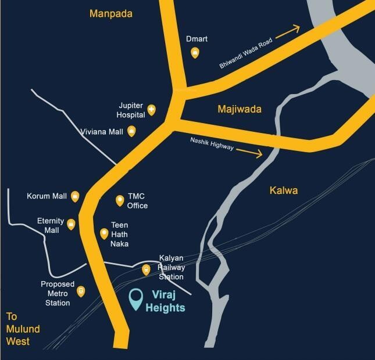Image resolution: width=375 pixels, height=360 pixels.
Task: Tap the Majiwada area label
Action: (240, 109)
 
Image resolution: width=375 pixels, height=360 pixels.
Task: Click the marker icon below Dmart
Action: (195, 53)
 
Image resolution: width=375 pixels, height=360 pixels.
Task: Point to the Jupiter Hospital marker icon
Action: (151, 109)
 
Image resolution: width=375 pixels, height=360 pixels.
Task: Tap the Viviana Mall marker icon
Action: (131, 131)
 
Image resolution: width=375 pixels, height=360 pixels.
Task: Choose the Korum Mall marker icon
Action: (75, 196)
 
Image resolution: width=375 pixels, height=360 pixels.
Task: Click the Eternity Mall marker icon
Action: (71, 224)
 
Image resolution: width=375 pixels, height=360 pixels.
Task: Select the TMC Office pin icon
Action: (120, 201)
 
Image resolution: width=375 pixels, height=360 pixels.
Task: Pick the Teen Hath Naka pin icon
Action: (105, 233)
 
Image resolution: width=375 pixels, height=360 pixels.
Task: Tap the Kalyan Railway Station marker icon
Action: (146, 269)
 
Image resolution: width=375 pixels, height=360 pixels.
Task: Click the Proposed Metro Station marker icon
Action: (81, 291)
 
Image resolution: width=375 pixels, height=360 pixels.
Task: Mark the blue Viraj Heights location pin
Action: (137, 299)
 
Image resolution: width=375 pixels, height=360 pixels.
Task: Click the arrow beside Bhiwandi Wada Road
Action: (287, 31)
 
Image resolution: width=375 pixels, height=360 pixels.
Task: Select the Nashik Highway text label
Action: (212, 144)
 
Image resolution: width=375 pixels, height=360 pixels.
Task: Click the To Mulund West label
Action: (23, 329)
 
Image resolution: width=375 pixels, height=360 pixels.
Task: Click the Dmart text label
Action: (198, 39)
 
